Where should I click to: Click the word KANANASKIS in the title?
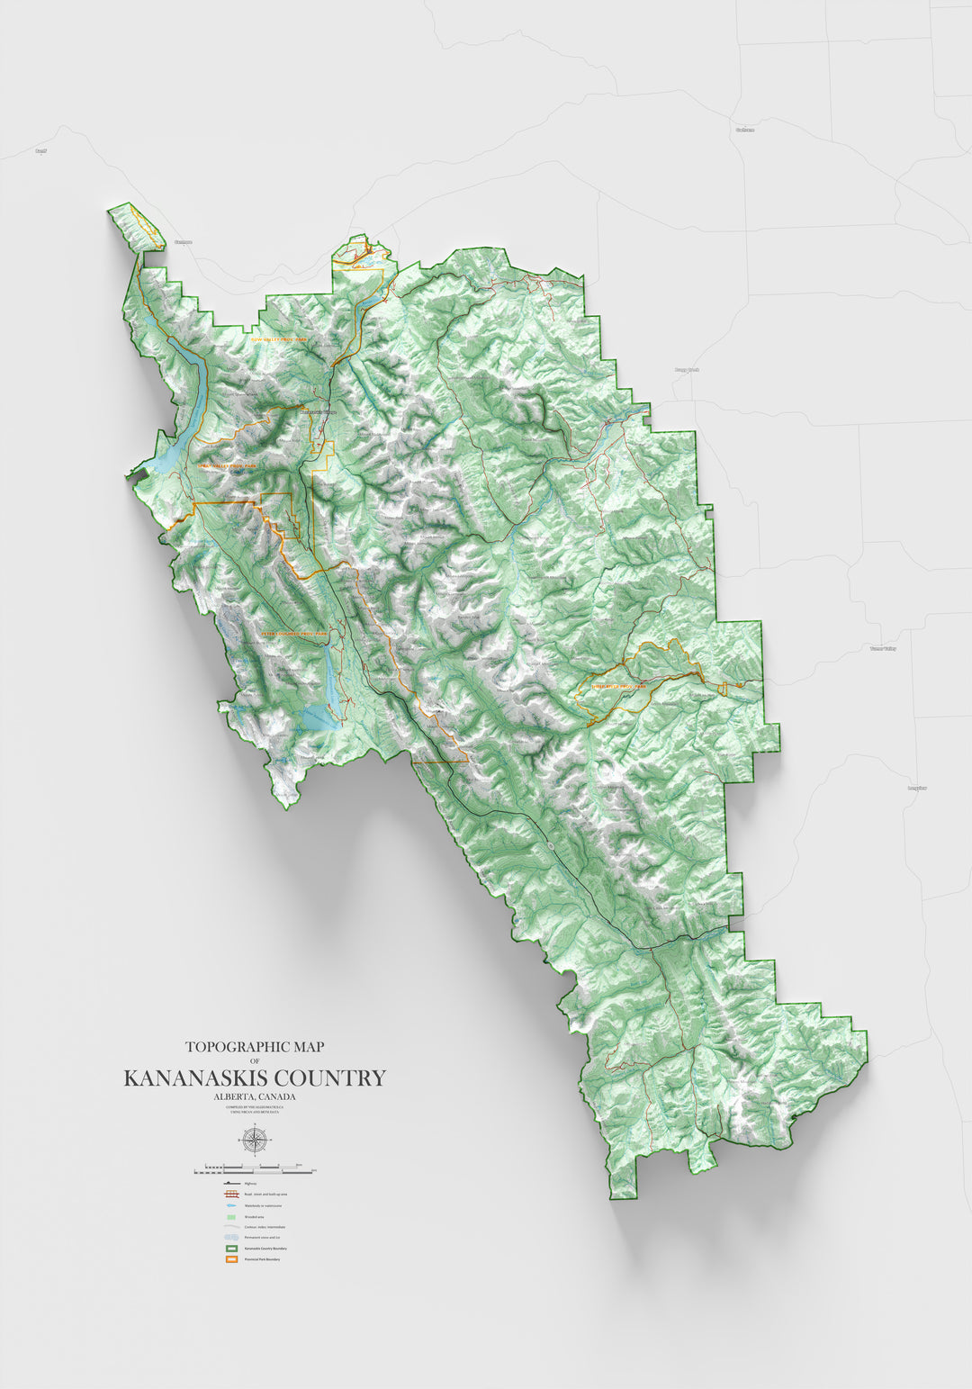pyautogui.click(x=196, y=1078)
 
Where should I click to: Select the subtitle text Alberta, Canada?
pyautogui.click(x=255, y=1096)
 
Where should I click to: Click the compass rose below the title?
pyautogui.click(x=255, y=1140)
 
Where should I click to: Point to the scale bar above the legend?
pyautogui.click(x=255, y=1169)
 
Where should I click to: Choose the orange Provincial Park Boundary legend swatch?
pyautogui.click(x=230, y=1260)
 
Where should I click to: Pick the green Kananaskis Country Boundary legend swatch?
pyautogui.click(x=230, y=1249)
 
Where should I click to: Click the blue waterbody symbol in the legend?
pyautogui.click(x=230, y=1204)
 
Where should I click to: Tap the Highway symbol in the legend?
pyautogui.click(x=230, y=1183)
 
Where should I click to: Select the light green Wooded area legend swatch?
pyautogui.click(x=230, y=1216)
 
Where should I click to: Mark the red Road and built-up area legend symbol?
pyautogui.click(x=230, y=1194)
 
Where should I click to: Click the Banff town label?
pyautogui.click(x=40, y=151)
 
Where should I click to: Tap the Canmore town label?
pyautogui.click(x=184, y=242)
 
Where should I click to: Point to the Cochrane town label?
pyautogui.click(x=744, y=130)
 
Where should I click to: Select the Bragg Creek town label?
pyautogui.click(x=687, y=370)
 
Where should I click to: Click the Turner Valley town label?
pyautogui.click(x=883, y=648)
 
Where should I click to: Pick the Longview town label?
pyautogui.click(x=917, y=788)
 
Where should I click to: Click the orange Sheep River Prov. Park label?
pyautogui.click(x=619, y=686)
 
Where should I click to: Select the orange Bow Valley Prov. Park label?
pyautogui.click(x=279, y=339)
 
